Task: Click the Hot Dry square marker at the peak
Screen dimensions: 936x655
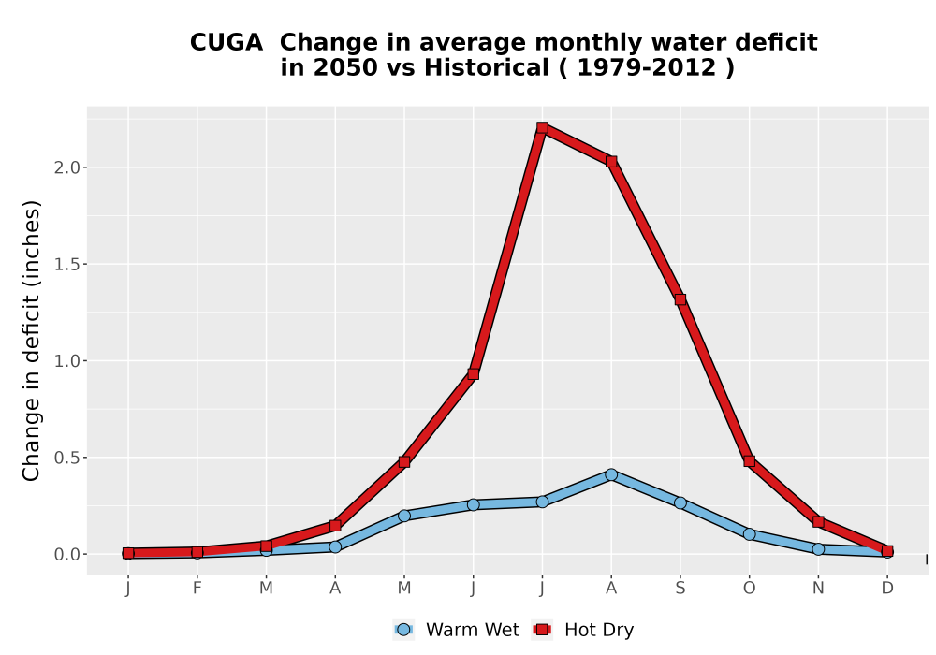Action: (x=542, y=127)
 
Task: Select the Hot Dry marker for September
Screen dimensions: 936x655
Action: (x=680, y=299)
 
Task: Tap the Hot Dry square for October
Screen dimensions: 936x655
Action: (x=749, y=461)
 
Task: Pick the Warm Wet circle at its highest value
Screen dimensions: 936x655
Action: (x=610, y=474)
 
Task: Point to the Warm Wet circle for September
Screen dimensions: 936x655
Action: (x=680, y=502)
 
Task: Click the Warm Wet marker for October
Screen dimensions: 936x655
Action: (x=749, y=534)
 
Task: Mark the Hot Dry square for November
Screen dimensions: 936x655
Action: (x=818, y=522)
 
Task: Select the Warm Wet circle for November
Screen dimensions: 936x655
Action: (x=818, y=549)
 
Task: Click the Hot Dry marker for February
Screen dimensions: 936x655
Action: (x=197, y=552)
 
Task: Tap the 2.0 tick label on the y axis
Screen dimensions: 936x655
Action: (x=66, y=167)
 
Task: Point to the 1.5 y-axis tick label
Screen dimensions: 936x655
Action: (x=66, y=264)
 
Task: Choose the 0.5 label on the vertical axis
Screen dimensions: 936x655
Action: (x=66, y=458)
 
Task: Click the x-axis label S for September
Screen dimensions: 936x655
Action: (x=680, y=589)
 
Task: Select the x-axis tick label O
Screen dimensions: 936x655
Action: (x=749, y=589)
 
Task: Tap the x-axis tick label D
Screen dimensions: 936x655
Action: (x=887, y=589)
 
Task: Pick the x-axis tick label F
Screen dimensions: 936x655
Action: (x=197, y=589)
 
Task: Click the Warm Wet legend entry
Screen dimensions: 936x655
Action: (x=457, y=630)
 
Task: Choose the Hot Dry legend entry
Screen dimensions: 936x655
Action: (x=582, y=630)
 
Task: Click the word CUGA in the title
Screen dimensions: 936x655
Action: (x=227, y=43)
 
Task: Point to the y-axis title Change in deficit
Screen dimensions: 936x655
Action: (x=31, y=341)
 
